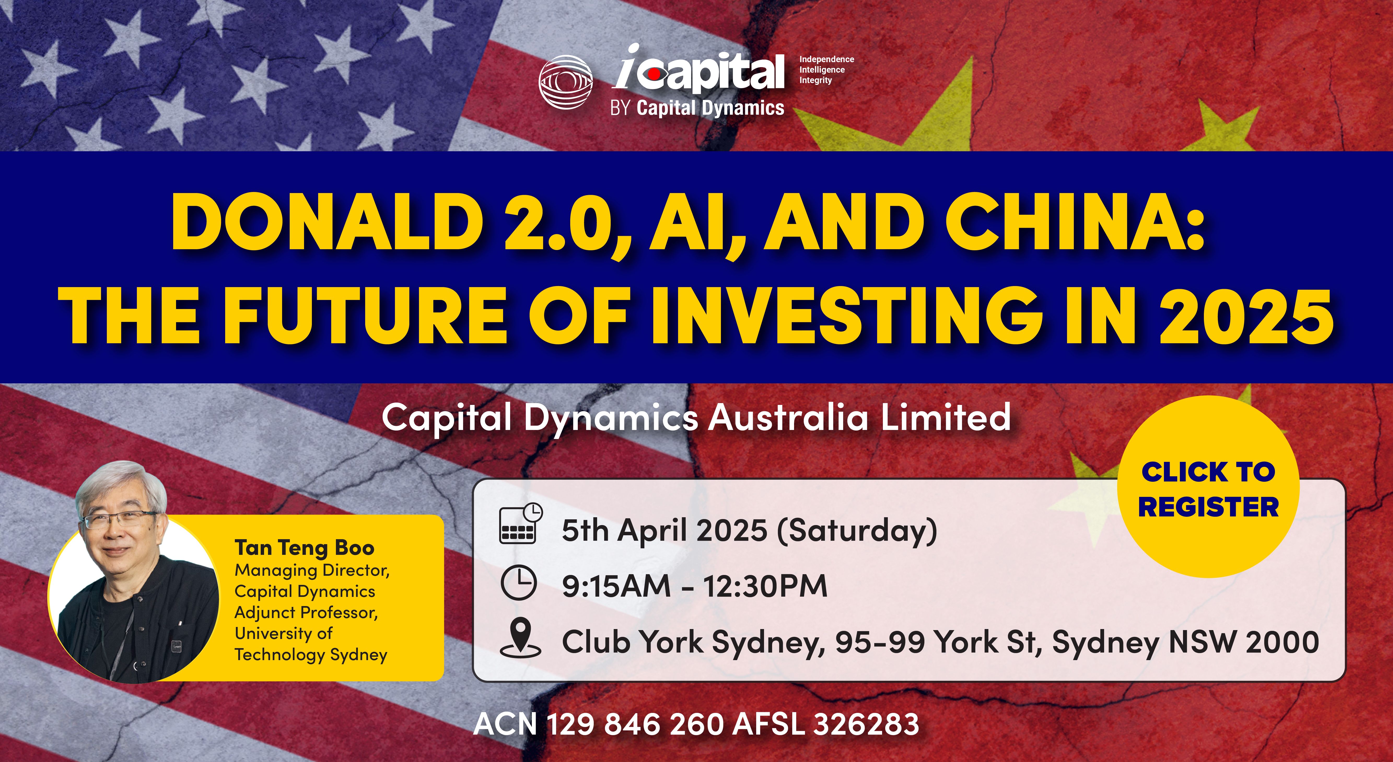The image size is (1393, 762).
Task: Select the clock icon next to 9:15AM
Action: (x=518, y=583)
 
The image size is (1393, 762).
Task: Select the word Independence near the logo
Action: (x=826, y=59)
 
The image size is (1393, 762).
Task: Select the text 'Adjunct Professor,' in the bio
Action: (x=306, y=612)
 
